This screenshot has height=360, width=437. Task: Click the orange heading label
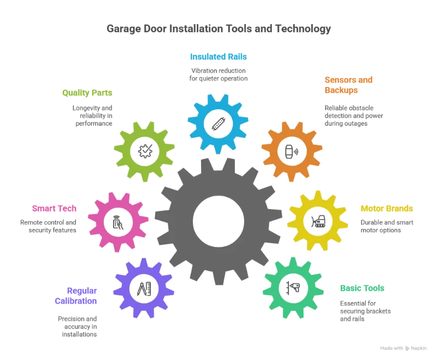click(349, 85)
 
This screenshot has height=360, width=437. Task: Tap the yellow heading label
click(386, 208)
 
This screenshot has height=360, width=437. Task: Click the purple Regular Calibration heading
click(76, 296)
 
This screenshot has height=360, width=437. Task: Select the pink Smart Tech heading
click(54, 208)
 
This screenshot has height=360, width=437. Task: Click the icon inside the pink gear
click(116, 221)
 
